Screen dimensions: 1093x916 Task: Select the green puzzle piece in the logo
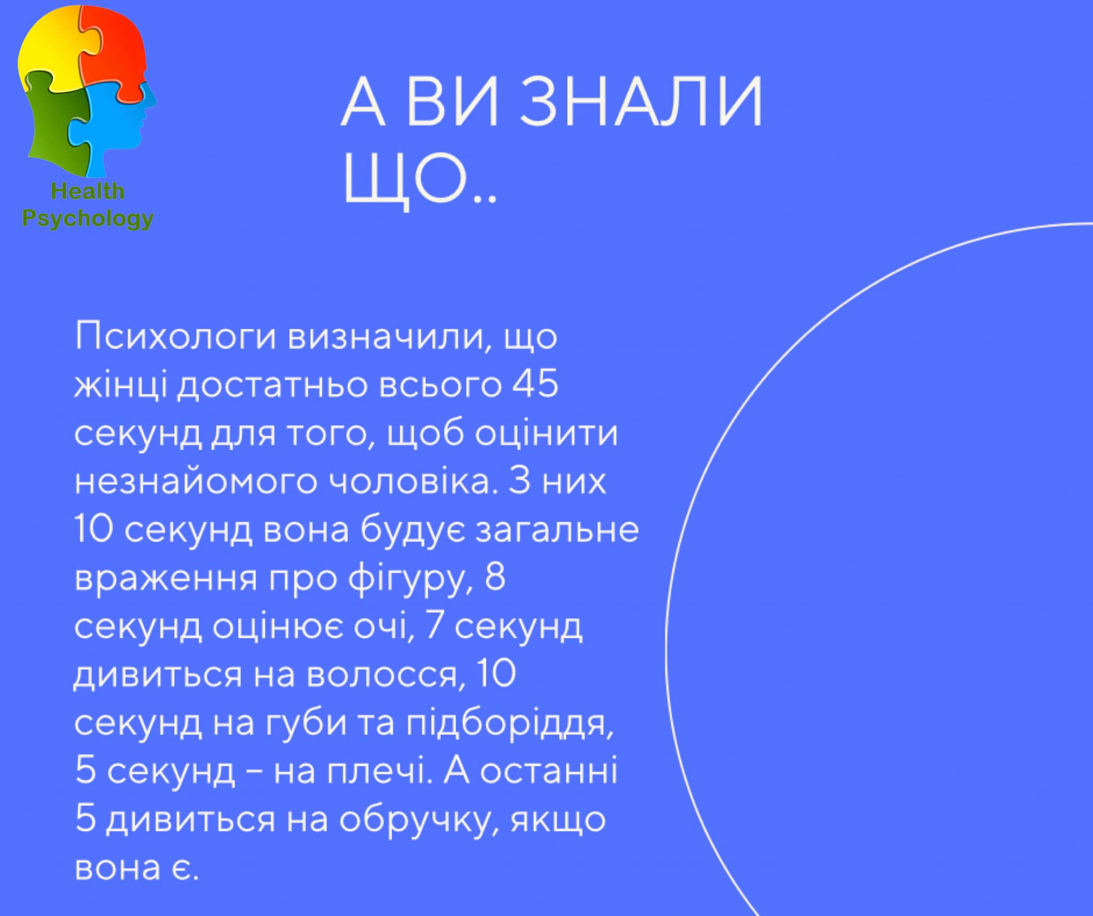point(56,125)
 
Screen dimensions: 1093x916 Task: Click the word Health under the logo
point(88,191)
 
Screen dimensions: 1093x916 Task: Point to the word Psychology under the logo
point(88,219)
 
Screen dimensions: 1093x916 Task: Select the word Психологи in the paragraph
point(176,337)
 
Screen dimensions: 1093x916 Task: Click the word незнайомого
point(195,481)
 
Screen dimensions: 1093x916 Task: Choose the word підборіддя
point(510,724)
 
